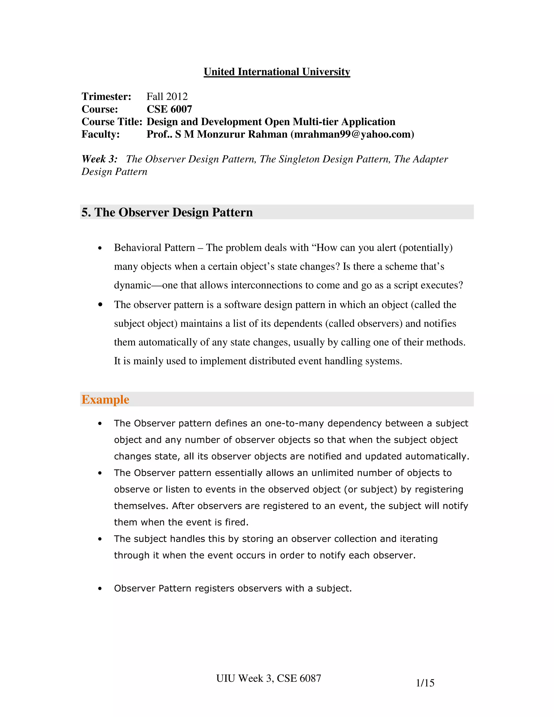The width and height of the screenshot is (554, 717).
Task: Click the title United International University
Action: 277,72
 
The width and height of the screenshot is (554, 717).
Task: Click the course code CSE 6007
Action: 169,109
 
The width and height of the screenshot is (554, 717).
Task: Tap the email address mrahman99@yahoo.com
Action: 352,134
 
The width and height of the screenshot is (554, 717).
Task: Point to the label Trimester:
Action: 106,97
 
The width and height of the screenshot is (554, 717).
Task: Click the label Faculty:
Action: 100,134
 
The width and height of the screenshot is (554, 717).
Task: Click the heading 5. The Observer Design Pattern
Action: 167,212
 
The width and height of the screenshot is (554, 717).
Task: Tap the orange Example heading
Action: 105,400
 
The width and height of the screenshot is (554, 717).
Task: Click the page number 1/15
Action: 425,683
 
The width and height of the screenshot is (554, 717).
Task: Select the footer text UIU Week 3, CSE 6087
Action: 268,678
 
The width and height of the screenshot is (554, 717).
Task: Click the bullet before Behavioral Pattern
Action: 100,248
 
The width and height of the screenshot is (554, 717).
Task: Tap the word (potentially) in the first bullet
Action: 426,248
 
